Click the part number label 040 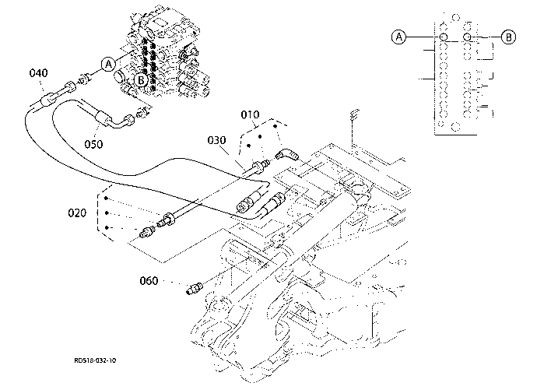(x=38, y=73)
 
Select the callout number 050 (x=93, y=144)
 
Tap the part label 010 (x=250, y=114)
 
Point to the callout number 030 (x=217, y=140)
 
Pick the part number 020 (x=77, y=213)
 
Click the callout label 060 (x=149, y=281)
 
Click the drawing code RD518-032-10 (x=95, y=360)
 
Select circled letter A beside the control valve (x=108, y=64)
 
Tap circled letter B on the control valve (x=141, y=80)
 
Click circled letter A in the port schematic (x=398, y=37)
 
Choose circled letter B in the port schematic (x=508, y=37)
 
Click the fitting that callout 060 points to (x=195, y=288)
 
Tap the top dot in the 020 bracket (x=107, y=199)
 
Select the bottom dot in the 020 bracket (x=107, y=227)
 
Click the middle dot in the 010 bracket (x=260, y=137)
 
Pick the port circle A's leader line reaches (x=444, y=37)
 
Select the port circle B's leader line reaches (x=467, y=37)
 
